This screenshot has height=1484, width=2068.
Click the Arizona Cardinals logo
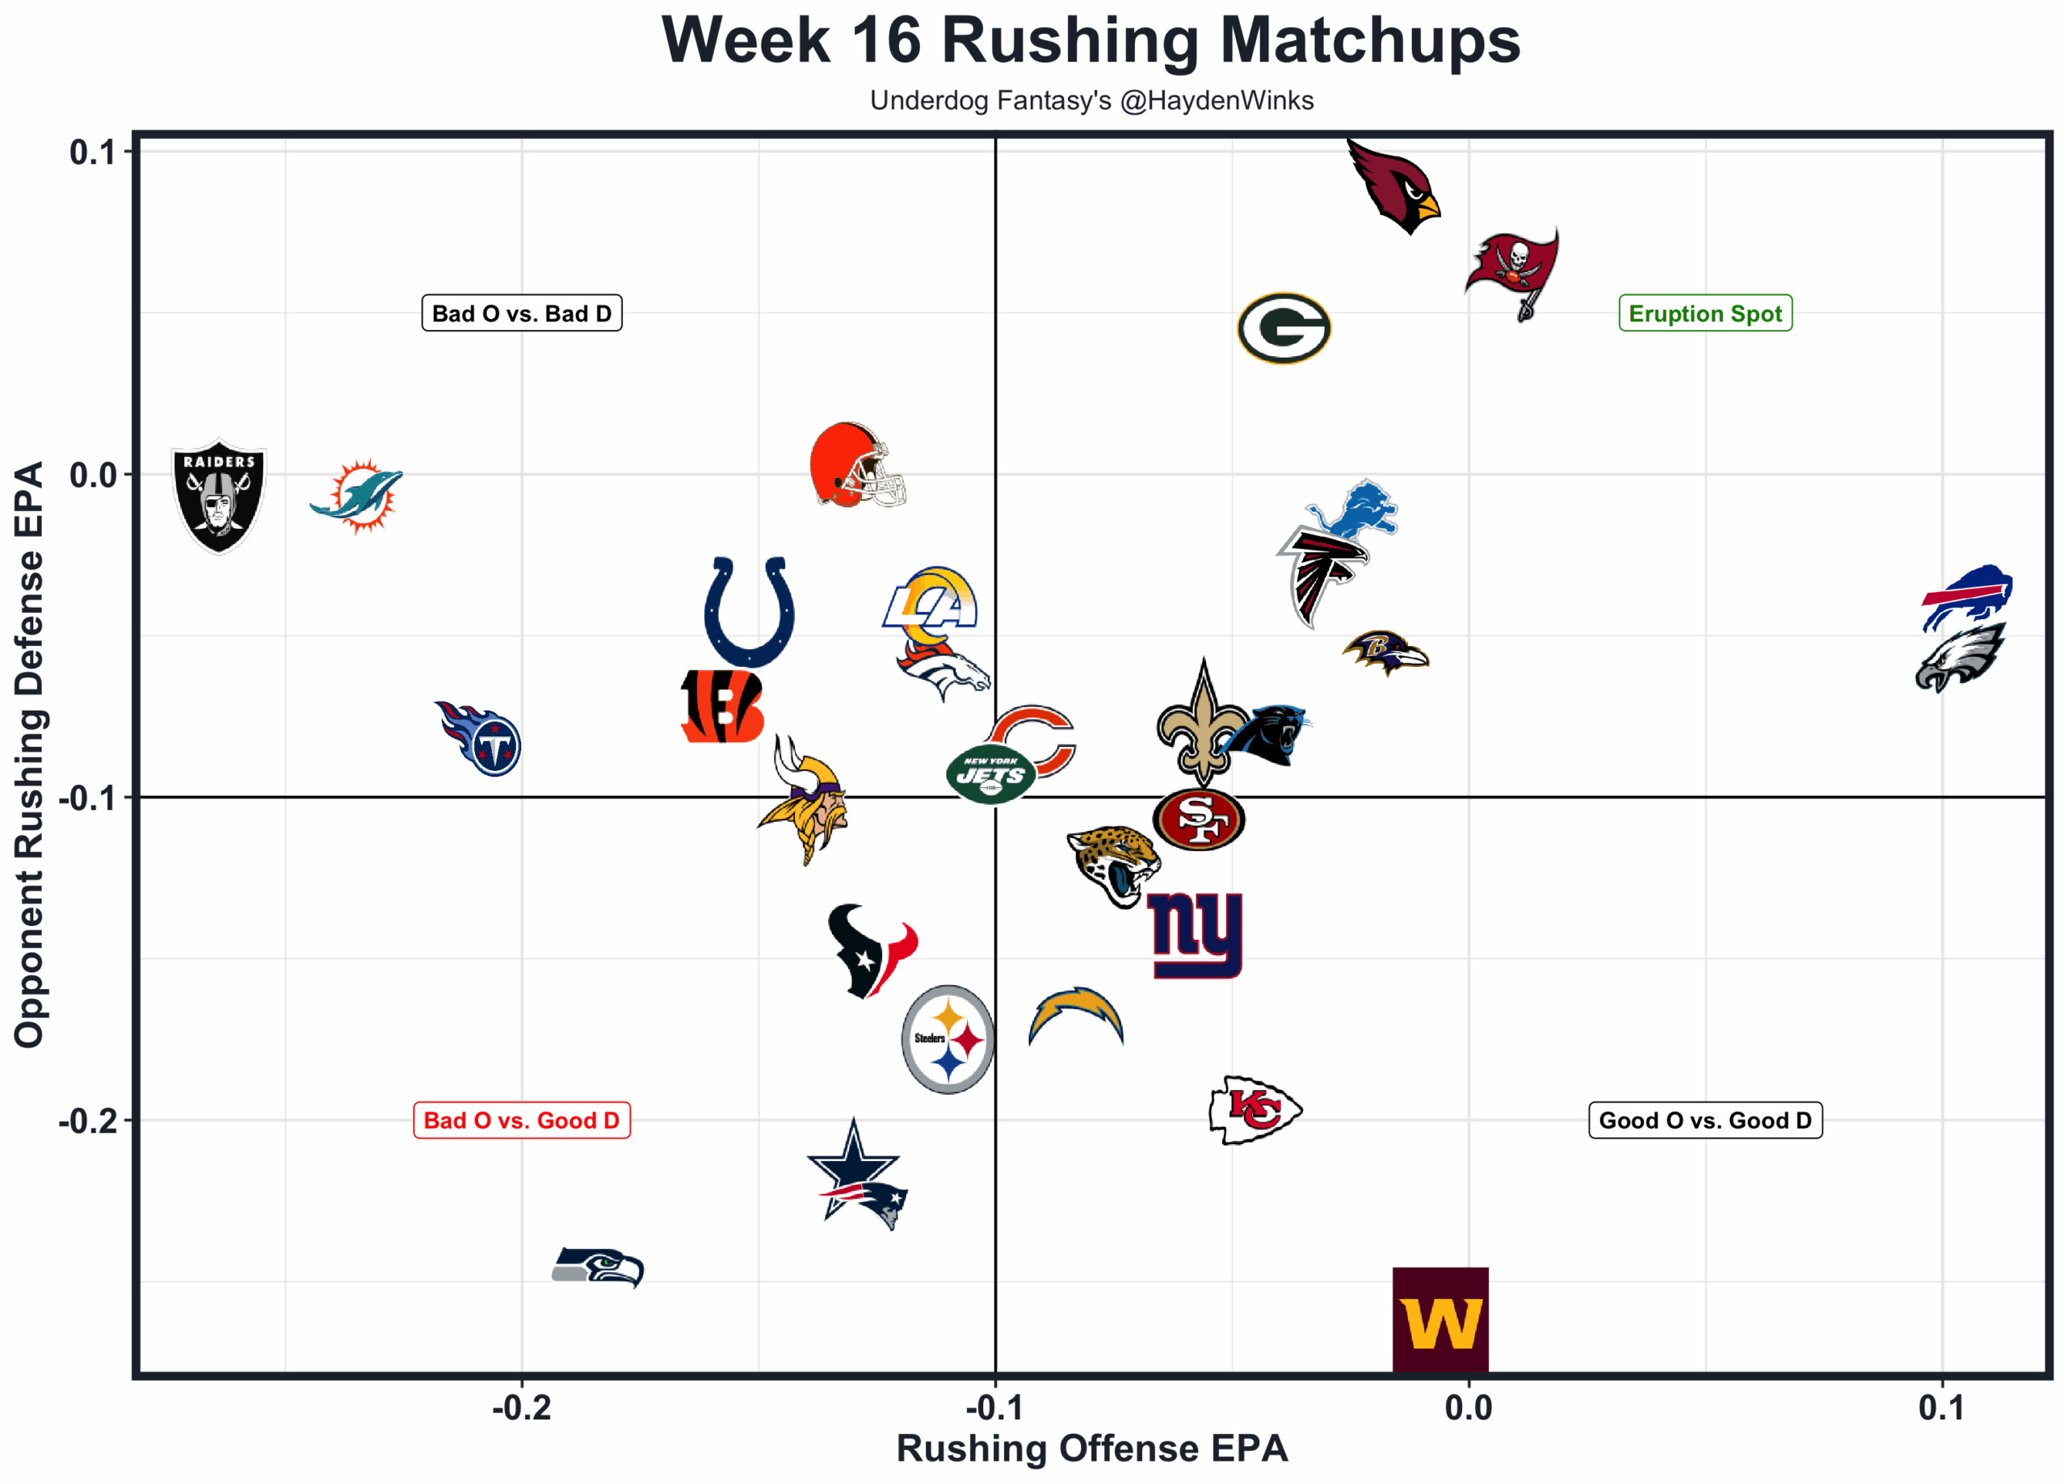coord(1393,187)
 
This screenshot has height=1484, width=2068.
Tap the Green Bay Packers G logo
coord(1284,328)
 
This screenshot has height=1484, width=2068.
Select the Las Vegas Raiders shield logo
coord(219,496)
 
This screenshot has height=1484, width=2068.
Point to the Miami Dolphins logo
coord(357,496)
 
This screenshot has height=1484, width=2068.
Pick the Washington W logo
coord(1440,1319)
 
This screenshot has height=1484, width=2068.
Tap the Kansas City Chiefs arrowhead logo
coord(1255,1110)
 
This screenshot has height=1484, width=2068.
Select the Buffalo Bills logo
coord(1967,596)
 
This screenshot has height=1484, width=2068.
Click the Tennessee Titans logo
coord(480,738)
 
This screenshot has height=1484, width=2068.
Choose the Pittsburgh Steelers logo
coord(948,1039)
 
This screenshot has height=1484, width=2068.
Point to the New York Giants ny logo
coord(1196,933)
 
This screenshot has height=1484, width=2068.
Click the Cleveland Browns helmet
coord(855,466)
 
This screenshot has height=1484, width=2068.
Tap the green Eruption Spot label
coord(1704,313)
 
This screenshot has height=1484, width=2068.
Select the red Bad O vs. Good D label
coord(522,1121)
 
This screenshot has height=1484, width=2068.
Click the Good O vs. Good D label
coord(1704,1121)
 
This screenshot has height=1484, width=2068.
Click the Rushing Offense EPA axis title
coord(1091,1448)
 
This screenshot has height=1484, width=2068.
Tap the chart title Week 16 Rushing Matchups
coord(1091,41)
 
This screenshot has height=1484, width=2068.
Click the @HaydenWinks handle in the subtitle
coord(1217,100)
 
